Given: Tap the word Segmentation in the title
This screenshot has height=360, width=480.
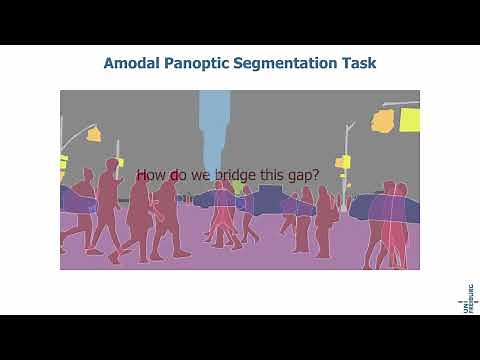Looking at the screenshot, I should pyautogui.click(x=295, y=63).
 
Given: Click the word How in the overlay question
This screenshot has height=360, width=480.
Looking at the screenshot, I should pyautogui.click(x=150, y=176).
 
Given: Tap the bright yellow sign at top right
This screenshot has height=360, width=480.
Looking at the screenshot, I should pyautogui.click(x=408, y=120).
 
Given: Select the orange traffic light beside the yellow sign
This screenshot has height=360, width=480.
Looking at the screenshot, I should pyautogui.click(x=383, y=121).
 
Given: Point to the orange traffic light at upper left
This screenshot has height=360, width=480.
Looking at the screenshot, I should pyautogui.click(x=94, y=133).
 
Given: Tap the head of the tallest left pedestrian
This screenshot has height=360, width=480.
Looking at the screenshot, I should pyautogui.click(x=109, y=165).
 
